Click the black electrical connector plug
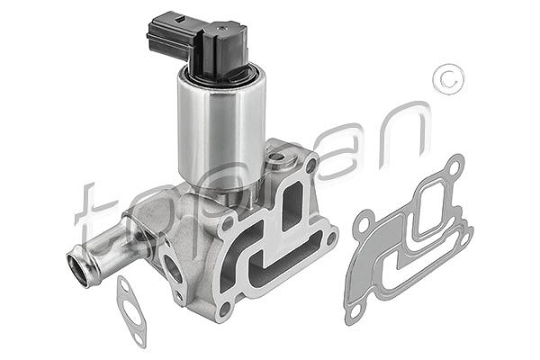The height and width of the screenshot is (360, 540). click(198, 44)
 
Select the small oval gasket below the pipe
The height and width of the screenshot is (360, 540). click(131, 311)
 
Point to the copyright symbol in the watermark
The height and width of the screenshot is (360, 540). click(449, 79)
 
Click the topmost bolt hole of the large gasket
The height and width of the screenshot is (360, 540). click(454, 168)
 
